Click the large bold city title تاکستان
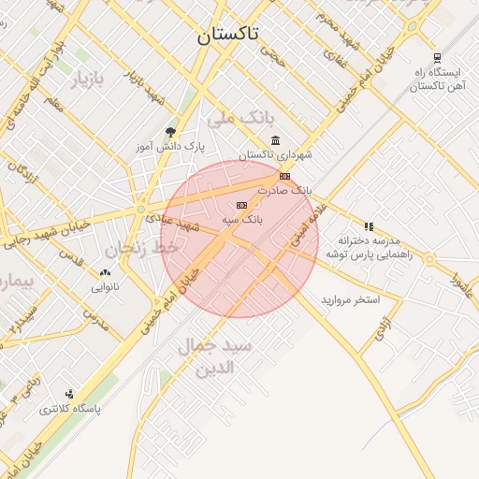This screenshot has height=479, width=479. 227,36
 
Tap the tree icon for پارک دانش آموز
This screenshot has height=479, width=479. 170,132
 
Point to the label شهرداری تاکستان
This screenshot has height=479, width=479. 274,154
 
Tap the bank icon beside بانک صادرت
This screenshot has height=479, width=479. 284,176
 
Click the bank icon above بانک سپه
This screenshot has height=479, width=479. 241,205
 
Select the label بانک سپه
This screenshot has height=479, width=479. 242,219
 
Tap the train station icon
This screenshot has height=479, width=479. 437,57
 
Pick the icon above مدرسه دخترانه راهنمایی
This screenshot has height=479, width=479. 369,226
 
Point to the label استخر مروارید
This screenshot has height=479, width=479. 350,299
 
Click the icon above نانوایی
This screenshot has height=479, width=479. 105,273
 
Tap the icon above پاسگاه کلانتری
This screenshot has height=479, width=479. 69,395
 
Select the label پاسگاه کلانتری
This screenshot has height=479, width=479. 69,410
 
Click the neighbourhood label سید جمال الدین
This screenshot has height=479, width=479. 216,356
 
